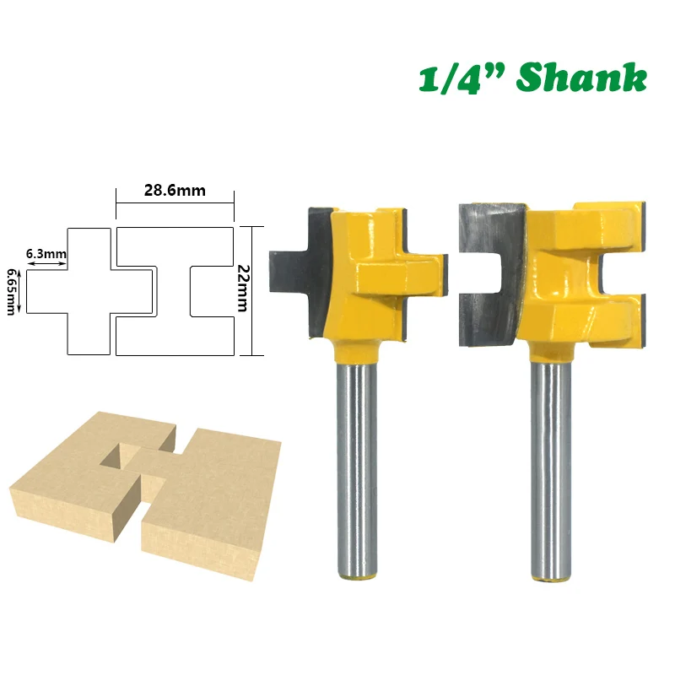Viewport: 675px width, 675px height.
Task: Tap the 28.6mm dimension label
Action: [175, 191]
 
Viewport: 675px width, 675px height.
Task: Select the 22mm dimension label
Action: [243, 288]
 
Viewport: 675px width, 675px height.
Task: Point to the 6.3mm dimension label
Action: [46, 254]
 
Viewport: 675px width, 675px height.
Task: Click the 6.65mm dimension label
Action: [12, 292]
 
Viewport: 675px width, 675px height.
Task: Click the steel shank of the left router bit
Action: [357, 468]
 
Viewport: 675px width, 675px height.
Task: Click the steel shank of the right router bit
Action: [551, 469]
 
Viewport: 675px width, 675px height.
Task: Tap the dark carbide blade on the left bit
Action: [301, 271]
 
